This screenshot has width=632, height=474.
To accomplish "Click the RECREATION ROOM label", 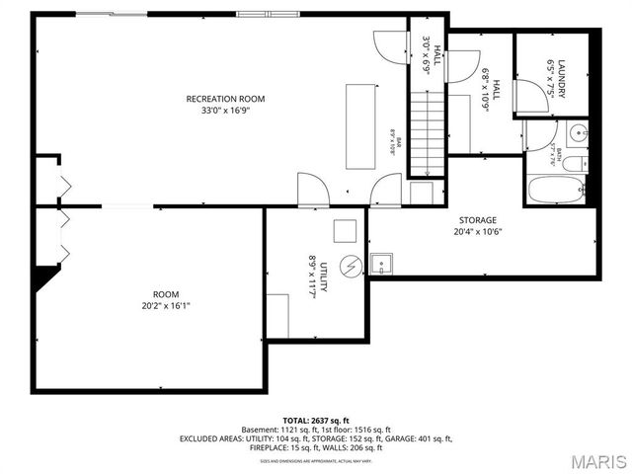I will tap(226, 99).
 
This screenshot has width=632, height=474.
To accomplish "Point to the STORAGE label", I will tap(477, 220).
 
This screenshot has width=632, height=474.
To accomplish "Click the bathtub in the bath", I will tap(553, 189).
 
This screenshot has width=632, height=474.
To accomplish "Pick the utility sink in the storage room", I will tap(381, 264).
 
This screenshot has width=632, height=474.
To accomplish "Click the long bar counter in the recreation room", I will tap(360, 126).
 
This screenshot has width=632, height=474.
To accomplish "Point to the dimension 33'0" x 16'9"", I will tap(226, 112).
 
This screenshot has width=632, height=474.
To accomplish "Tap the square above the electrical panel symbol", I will tap(344, 230).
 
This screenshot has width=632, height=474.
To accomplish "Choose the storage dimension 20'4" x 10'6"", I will tap(477, 233).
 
